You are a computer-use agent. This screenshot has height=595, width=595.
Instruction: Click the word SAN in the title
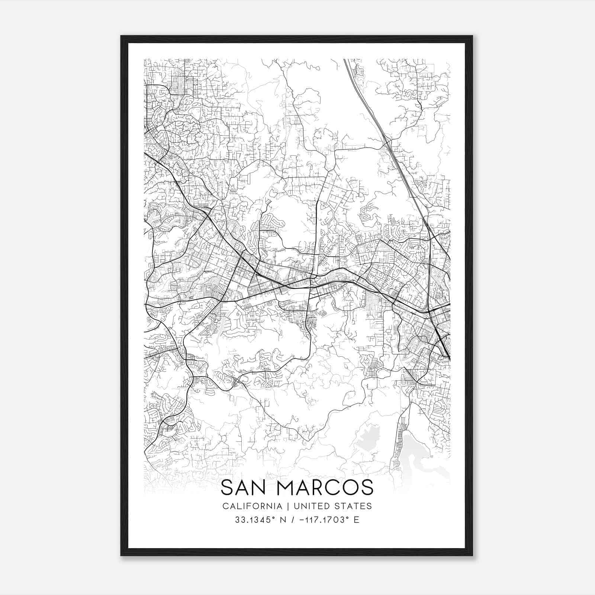coord(245,488)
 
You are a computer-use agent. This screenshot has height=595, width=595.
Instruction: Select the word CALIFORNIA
coord(252,506)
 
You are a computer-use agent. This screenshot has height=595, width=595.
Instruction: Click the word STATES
coord(352,506)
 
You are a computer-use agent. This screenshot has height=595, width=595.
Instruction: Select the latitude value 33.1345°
coord(253,520)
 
